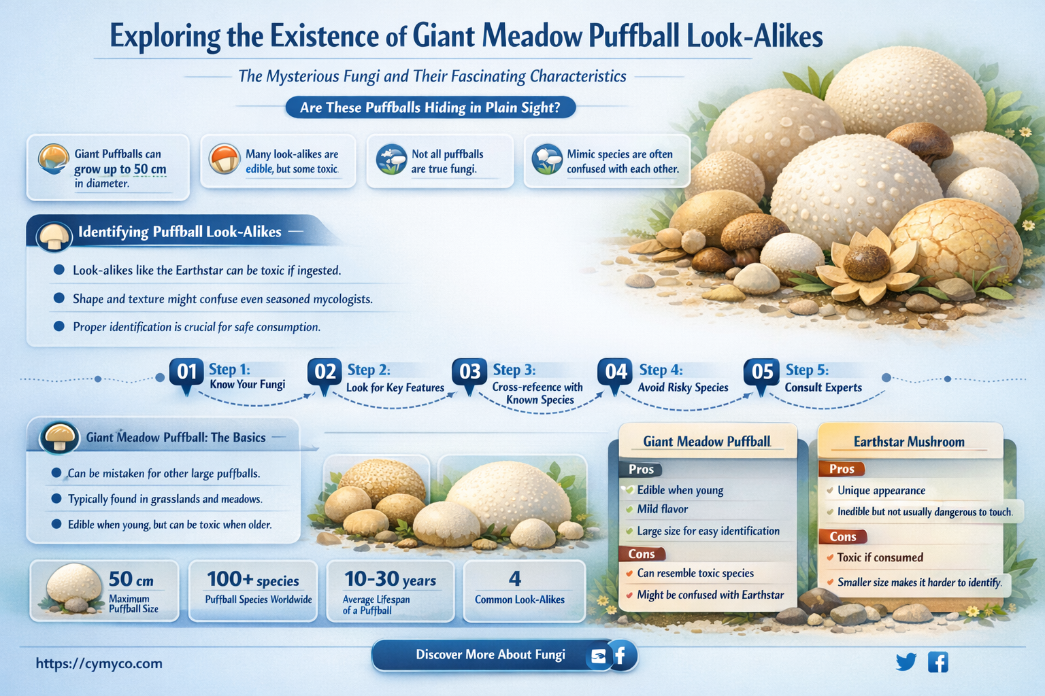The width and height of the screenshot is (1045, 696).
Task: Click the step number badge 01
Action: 186,372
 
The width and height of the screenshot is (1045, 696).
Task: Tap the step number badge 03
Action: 469,372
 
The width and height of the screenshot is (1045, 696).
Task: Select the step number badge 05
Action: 762,372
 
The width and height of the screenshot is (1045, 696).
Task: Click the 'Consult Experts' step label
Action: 823,387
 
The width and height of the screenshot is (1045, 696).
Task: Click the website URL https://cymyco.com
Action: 99,663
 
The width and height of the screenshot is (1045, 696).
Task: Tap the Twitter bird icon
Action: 906,662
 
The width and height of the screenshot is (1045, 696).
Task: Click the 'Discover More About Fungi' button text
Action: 491,655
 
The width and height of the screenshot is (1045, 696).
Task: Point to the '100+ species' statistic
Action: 253,580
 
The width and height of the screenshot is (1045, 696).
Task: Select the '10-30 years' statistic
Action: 390,580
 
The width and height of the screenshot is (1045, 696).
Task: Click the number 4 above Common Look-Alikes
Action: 515,579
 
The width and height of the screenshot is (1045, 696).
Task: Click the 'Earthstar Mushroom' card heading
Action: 909,442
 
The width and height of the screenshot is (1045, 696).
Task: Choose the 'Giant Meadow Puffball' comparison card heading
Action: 707,442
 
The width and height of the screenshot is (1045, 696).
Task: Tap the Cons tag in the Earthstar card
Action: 842,537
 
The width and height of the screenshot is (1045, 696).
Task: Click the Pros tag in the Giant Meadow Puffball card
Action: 641,470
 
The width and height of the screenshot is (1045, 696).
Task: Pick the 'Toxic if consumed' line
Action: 880,557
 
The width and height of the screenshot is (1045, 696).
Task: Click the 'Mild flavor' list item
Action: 662,509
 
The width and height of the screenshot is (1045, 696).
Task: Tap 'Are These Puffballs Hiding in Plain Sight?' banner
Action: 430,107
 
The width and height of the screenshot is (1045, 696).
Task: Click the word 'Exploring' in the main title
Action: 165,37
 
